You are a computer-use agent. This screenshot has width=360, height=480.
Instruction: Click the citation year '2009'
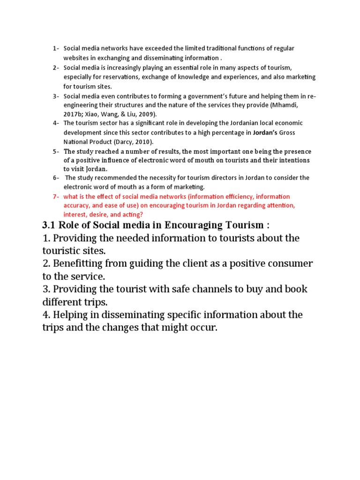(147, 114)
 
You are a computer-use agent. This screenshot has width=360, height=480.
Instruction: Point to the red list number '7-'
(56, 196)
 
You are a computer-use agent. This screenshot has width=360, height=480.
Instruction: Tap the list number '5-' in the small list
(56, 151)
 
